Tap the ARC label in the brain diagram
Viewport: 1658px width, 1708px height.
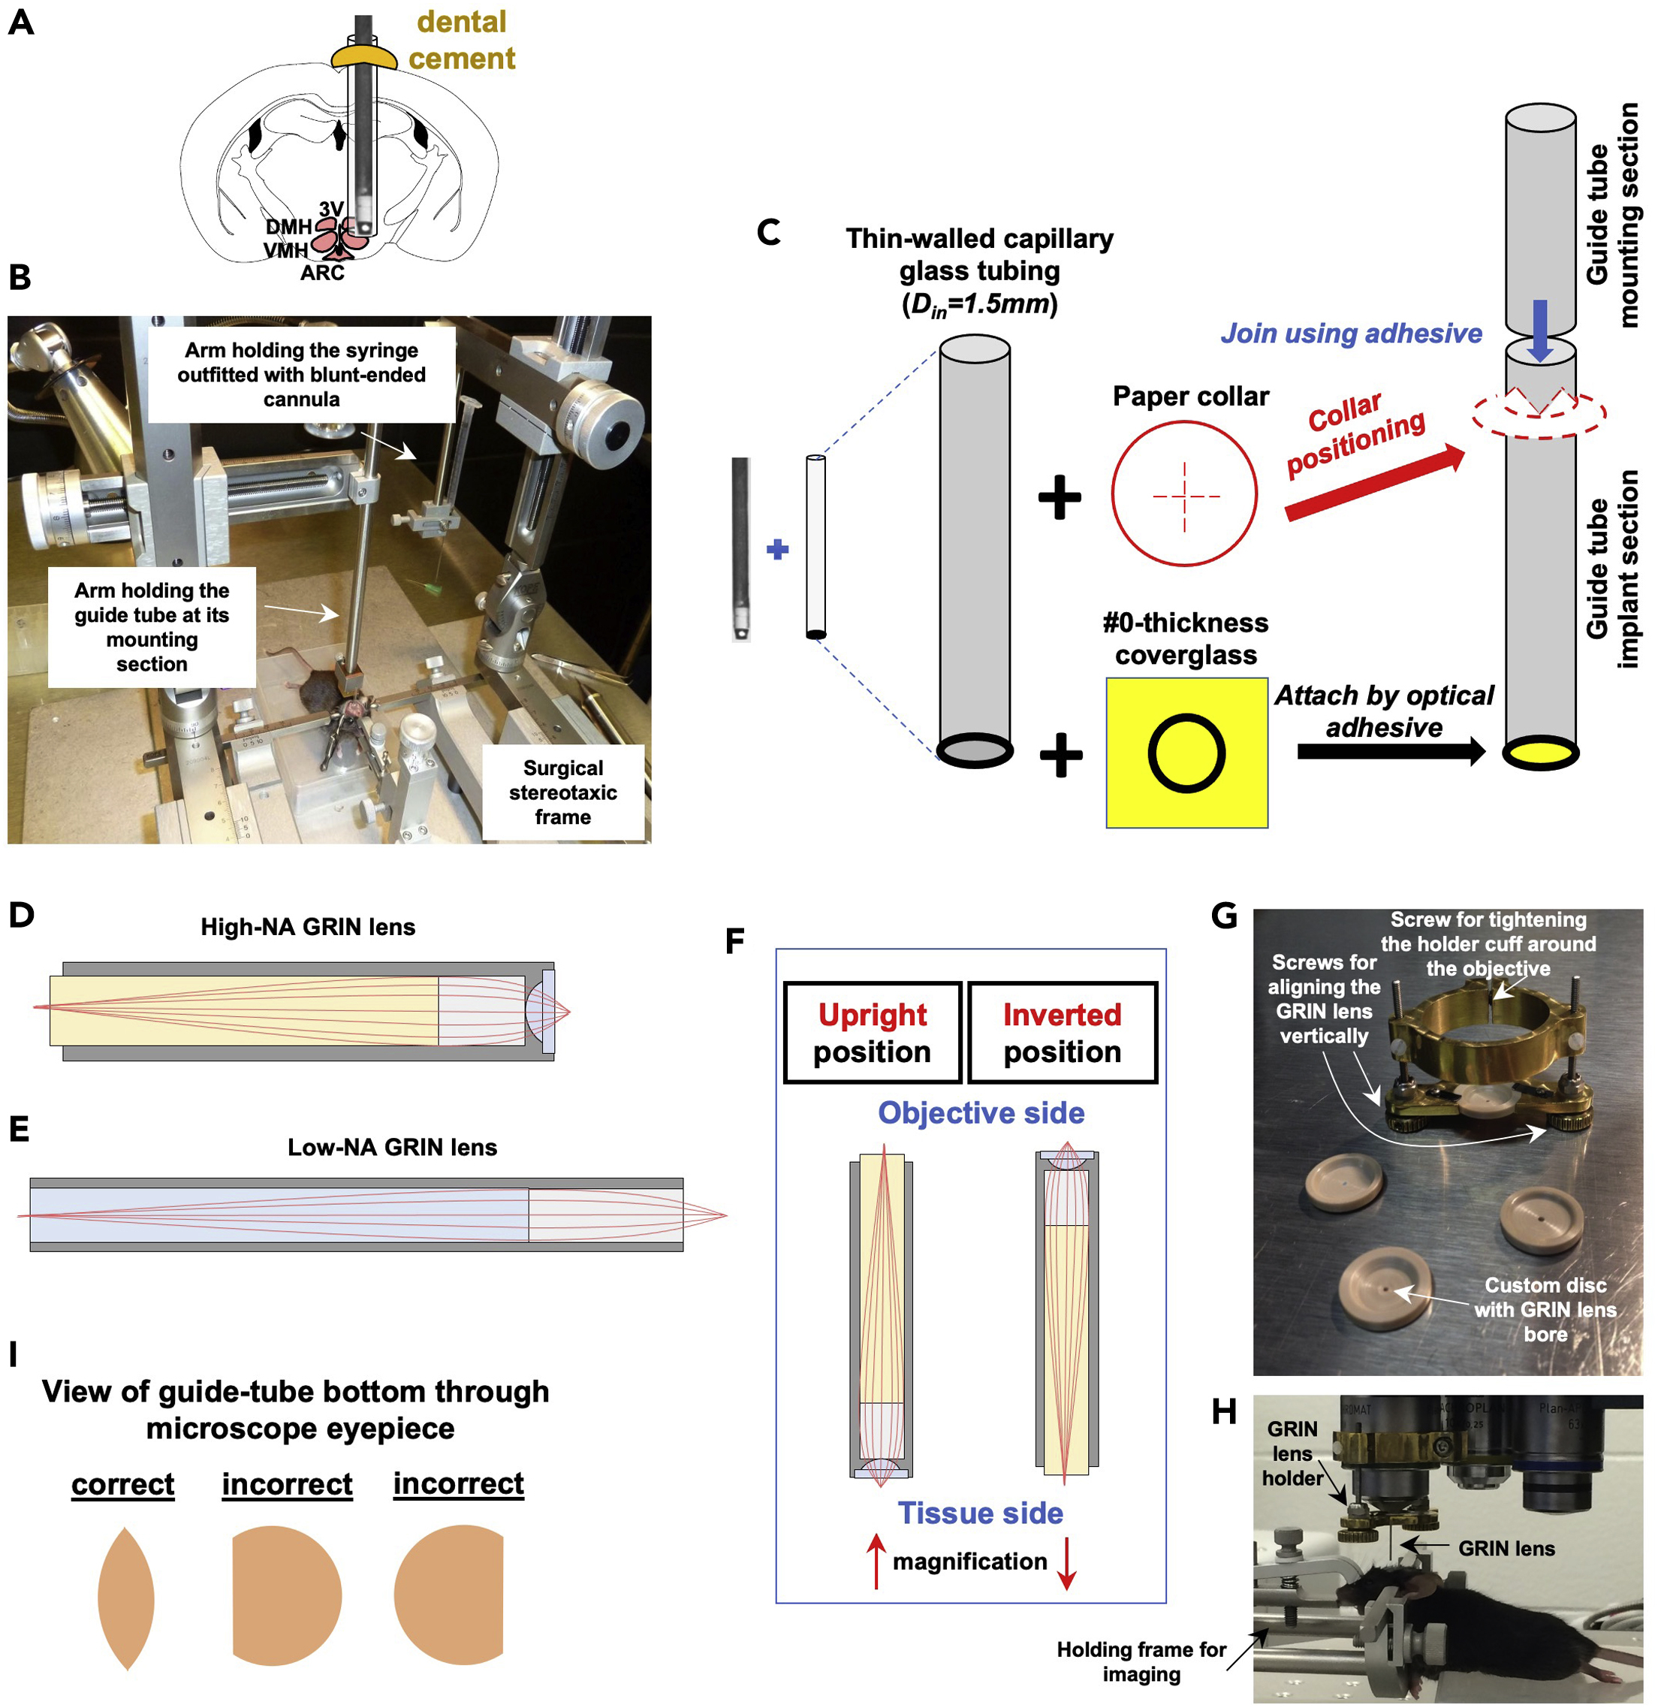tap(322, 273)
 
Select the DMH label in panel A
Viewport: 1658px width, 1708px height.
tap(288, 227)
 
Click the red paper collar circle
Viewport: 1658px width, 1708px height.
tap(1183, 494)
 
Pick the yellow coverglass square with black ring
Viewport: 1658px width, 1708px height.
tap(1186, 752)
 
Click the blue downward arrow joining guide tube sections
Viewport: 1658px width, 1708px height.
tap(1539, 330)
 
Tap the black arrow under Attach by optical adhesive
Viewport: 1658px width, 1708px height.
tap(1391, 751)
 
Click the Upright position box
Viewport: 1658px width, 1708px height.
tap(872, 1033)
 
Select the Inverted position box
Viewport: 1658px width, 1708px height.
tap(1062, 1033)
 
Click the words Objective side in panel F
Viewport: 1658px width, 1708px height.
tap(980, 1113)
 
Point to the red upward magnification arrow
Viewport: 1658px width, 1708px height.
tap(876, 1562)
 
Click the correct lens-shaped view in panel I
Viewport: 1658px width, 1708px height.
tap(125, 1598)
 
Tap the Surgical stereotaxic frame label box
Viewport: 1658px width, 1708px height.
tap(563, 792)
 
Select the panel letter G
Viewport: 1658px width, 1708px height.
tap(1224, 915)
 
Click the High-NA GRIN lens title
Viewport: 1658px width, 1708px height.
tap(308, 926)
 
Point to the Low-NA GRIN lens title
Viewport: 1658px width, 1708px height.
tap(392, 1147)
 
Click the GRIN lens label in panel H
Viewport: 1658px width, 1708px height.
tap(1506, 1549)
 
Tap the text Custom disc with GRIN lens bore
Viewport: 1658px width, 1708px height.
tap(1545, 1309)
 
